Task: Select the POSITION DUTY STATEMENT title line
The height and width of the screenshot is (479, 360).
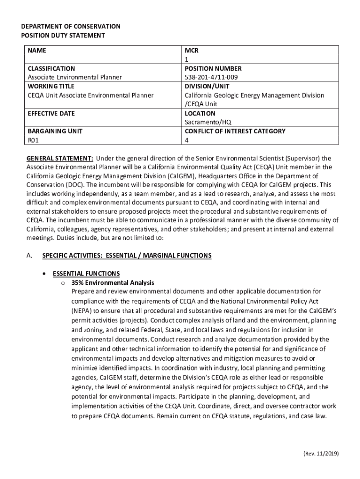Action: [63, 36]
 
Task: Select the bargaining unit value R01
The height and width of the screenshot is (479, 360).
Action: [33, 140]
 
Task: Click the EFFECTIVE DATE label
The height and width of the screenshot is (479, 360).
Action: [51, 113]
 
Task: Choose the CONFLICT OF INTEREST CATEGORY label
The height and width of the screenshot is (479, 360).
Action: [235, 131]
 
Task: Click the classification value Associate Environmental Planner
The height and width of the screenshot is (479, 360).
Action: [74, 77]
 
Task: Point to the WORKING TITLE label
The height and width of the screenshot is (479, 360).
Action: [50, 86]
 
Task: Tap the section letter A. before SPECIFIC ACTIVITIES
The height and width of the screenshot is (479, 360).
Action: [29, 255]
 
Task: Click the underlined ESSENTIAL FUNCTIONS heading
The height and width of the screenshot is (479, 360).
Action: [86, 274]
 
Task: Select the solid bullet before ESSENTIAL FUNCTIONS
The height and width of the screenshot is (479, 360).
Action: [43, 274]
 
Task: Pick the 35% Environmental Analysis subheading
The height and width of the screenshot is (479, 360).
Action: [113, 283]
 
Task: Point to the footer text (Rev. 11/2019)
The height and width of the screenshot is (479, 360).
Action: [320, 453]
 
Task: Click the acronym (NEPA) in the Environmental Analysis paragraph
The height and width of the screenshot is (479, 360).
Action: [82, 310]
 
